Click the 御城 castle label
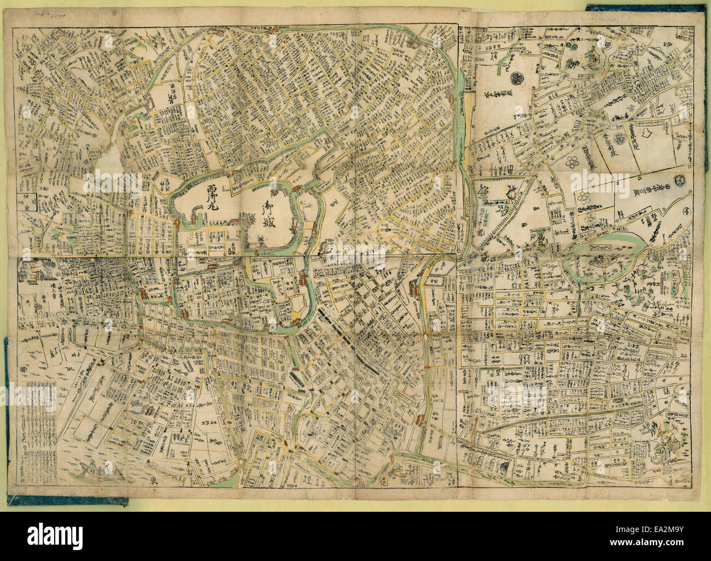[x=269, y=214]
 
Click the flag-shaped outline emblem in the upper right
[x=649, y=132]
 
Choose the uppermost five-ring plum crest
[x=620, y=139]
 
